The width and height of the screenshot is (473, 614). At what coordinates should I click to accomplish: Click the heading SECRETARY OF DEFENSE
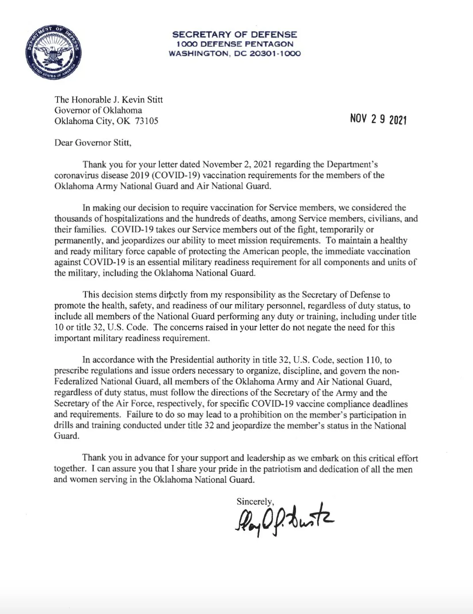[x=235, y=34]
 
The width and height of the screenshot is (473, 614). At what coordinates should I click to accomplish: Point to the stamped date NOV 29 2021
[x=378, y=119]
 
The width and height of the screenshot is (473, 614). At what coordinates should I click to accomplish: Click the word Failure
[x=139, y=415]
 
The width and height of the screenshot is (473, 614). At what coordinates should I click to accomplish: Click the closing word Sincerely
[x=255, y=502]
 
